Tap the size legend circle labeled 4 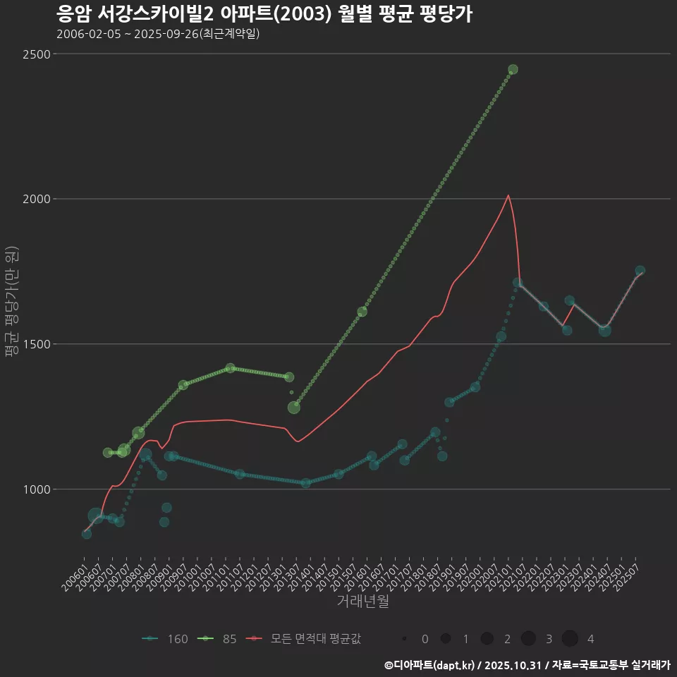570,639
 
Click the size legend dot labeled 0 405,639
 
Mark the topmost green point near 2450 513,69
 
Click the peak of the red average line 508,195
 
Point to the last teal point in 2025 640,271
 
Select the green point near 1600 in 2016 362,312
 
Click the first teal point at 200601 86,534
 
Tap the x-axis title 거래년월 362,602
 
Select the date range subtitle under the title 158,34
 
